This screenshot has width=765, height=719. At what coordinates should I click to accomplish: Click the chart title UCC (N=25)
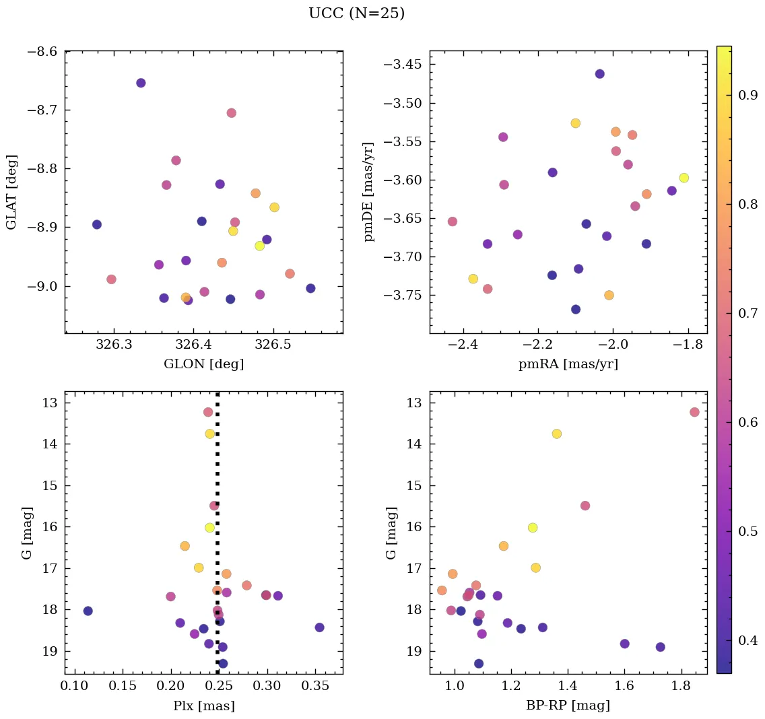click(x=356, y=13)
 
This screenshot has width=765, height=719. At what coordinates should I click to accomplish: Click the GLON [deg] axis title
click(x=203, y=364)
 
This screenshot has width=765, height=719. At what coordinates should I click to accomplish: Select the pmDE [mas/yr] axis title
click(x=369, y=192)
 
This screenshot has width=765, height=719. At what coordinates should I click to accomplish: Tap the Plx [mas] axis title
click(x=203, y=706)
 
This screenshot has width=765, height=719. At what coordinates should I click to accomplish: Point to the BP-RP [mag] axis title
click(x=568, y=706)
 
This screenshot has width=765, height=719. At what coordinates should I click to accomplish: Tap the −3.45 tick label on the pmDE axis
click(x=403, y=65)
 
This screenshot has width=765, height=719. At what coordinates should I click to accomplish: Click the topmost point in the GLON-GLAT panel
click(x=141, y=83)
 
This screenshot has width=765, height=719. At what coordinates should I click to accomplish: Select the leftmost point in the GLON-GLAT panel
click(x=97, y=224)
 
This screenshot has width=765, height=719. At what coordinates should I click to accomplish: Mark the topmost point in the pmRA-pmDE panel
click(x=599, y=74)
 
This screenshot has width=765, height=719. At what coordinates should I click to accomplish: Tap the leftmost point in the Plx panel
click(x=88, y=611)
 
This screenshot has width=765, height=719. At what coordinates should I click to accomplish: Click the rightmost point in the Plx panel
click(x=319, y=627)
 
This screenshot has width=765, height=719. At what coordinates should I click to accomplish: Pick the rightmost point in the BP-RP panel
click(x=694, y=412)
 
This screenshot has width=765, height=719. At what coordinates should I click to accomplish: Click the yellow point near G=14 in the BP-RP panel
click(x=556, y=434)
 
